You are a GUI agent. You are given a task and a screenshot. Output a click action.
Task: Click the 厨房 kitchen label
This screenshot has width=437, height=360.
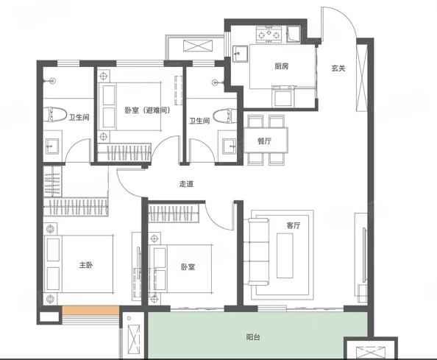281,66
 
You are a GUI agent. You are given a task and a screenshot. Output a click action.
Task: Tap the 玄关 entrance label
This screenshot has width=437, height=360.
338,68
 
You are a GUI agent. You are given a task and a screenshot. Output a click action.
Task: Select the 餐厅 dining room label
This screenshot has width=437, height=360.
264,141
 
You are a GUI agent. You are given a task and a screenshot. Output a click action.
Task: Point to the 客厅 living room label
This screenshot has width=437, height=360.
294,225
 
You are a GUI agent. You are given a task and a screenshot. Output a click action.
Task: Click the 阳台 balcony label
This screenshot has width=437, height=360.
253,337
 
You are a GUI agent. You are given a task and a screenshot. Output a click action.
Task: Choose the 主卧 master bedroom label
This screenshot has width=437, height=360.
86,264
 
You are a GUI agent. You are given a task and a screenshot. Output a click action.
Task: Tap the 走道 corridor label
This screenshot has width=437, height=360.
186,184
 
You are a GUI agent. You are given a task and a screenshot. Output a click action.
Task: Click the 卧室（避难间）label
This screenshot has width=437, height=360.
147,110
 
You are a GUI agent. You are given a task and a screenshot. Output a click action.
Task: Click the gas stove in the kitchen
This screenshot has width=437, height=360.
269,34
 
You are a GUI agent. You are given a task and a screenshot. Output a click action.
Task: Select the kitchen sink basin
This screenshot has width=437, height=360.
240,54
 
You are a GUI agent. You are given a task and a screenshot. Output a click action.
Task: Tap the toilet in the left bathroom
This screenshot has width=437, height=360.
57,114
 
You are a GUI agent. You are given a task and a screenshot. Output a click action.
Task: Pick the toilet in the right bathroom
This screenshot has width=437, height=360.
224,116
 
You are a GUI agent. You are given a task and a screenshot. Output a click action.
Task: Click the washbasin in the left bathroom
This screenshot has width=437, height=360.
52,146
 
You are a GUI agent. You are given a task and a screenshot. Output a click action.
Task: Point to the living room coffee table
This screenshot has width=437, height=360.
285,255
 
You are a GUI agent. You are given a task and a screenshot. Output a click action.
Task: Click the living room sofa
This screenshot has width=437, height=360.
258,252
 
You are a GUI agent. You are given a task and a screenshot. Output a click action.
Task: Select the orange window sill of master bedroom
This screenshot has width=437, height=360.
90,311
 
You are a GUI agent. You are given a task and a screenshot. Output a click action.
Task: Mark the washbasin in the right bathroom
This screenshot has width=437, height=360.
229,146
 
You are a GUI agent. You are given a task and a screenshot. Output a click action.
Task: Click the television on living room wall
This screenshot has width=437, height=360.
363,255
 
